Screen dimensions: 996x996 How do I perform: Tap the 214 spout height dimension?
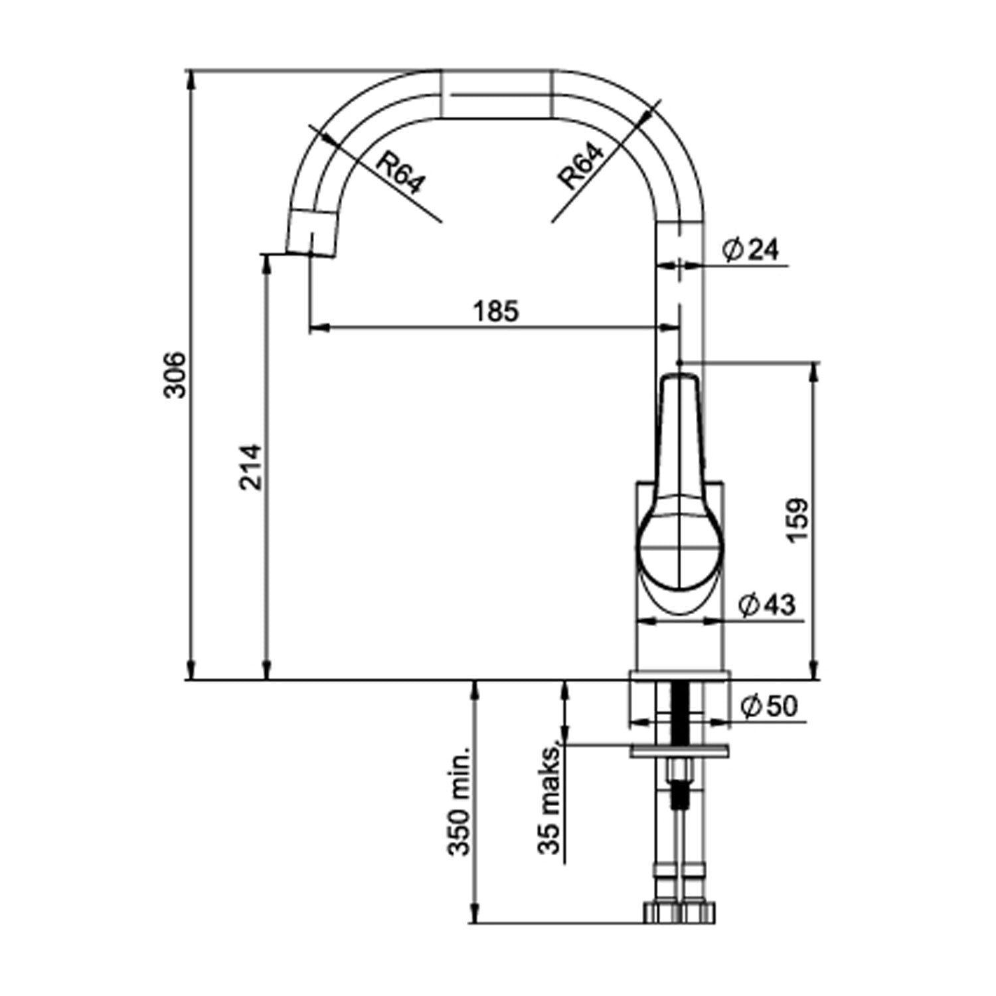tap(252, 467)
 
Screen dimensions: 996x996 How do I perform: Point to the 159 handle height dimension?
tap(799, 520)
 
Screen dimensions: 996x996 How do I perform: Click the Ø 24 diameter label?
tap(751, 250)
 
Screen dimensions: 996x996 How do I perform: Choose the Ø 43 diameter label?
tap(767, 605)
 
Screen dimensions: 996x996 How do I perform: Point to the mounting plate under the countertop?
tap(679, 750)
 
